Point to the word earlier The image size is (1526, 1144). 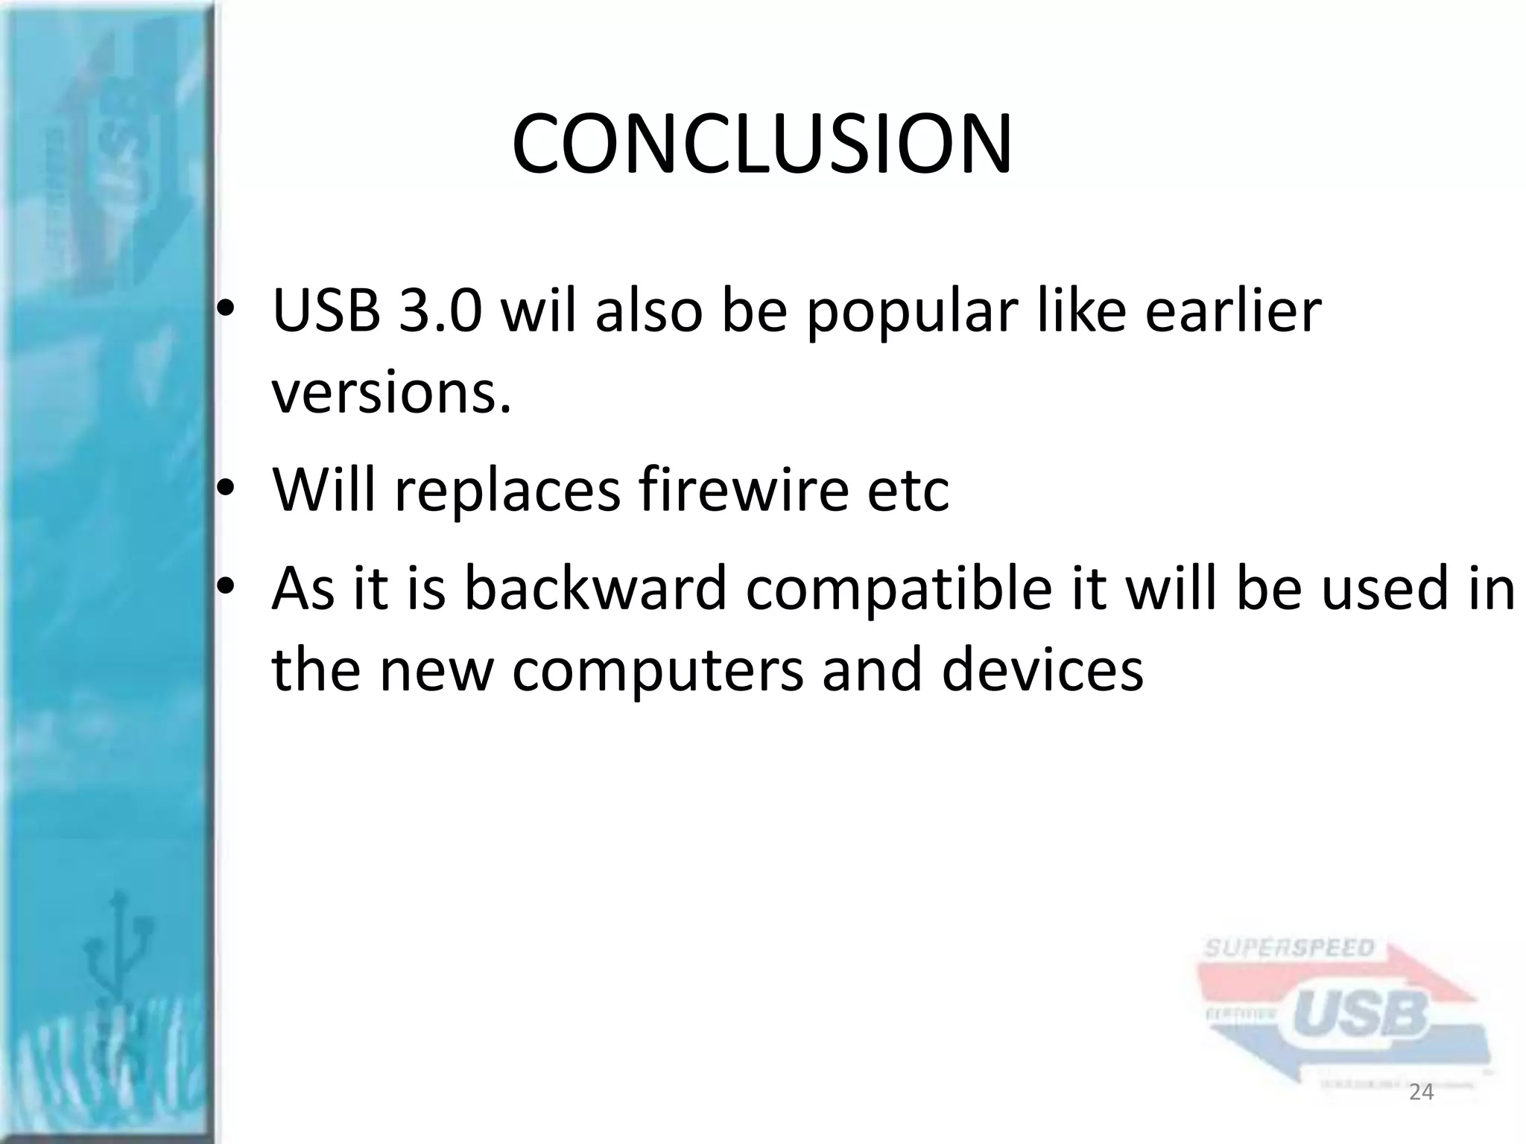[x=1232, y=311]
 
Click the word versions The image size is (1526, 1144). [x=392, y=393]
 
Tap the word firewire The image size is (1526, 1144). [x=744, y=489]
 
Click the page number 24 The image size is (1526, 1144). [x=1422, y=1093]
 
